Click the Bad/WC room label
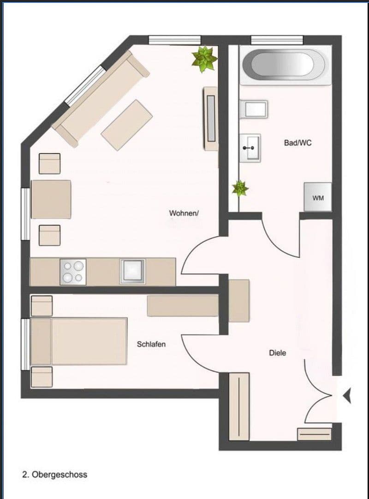click(298, 143)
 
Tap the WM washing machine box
click(318, 198)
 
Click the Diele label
click(278, 353)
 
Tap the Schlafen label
click(151, 344)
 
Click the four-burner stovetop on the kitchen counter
click(73, 272)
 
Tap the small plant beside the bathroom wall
click(240, 188)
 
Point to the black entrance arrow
click(347, 395)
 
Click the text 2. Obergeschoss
click(54, 475)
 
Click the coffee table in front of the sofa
click(127, 124)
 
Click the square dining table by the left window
click(51, 199)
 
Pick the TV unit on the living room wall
click(211, 118)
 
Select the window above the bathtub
click(277, 40)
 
